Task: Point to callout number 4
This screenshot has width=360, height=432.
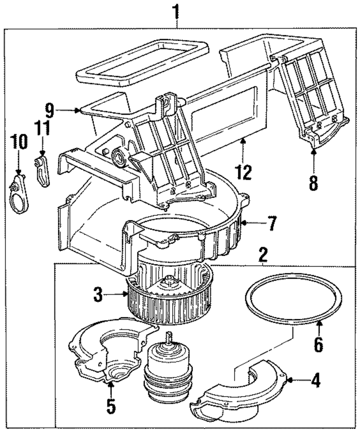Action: click(x=316, y=380)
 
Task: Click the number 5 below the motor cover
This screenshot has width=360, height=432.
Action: click(x=111, y=405)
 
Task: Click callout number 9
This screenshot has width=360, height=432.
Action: click(x=50, y=111)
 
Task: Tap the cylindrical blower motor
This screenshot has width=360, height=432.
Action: click(x=168, y=371)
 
